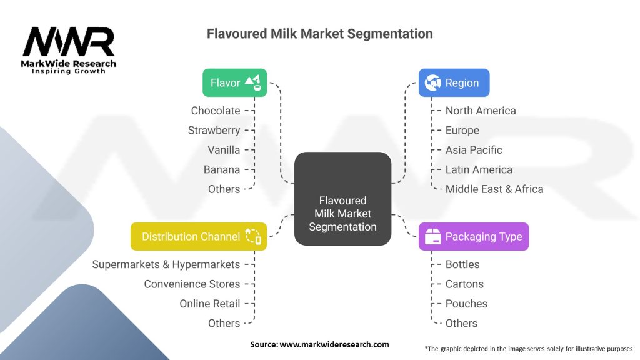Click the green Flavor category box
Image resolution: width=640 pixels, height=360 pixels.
[235, 83]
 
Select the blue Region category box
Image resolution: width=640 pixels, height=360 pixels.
[454, 83]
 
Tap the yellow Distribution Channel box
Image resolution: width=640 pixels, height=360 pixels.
[199, 237]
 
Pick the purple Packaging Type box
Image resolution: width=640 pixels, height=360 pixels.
[474, 237]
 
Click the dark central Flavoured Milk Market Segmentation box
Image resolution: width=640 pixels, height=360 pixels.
[343, 199]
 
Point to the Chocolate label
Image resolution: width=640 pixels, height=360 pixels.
[216, 111]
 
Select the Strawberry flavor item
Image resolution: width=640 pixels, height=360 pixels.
[214, 131]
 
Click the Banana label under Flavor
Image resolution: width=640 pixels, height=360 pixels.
[222, 169]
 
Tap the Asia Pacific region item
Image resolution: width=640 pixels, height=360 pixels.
[474, 150]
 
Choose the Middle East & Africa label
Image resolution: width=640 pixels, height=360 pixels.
[494, 189]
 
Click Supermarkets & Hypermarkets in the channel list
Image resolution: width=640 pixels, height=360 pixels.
[166, 264]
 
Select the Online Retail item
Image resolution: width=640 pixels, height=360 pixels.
[210, 304]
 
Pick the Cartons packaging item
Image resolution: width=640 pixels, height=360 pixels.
[464, 284]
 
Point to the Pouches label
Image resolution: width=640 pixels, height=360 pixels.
[466, 304]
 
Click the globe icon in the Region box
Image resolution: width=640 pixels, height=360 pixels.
[432, 83]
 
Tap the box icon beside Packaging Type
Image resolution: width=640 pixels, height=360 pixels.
[432, 237]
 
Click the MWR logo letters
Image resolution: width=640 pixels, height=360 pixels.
[69, 42]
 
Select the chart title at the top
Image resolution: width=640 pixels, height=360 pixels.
[319, 34]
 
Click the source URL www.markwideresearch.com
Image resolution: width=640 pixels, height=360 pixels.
[334, 344]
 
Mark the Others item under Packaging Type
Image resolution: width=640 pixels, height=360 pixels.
[461, 323]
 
